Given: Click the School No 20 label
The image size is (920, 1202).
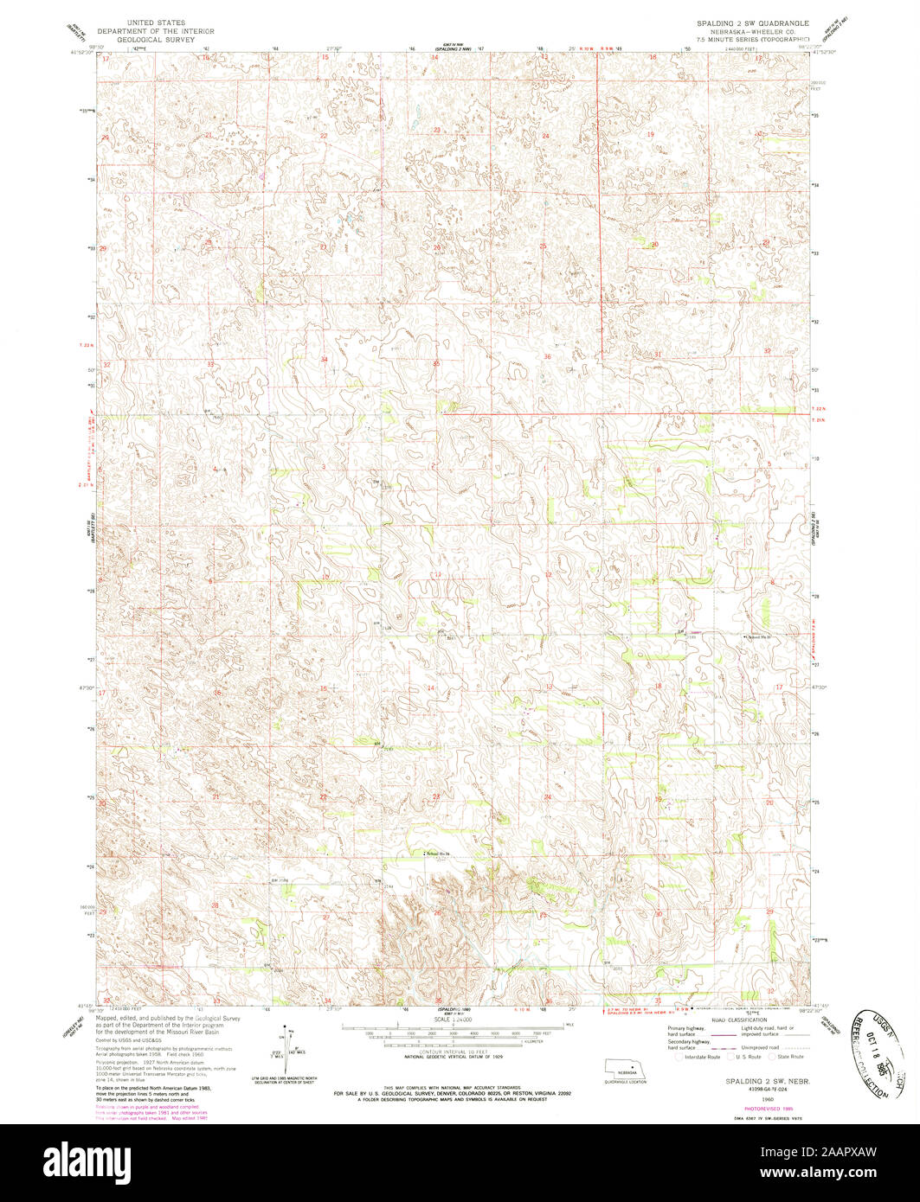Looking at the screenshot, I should (x=758, y=638).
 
